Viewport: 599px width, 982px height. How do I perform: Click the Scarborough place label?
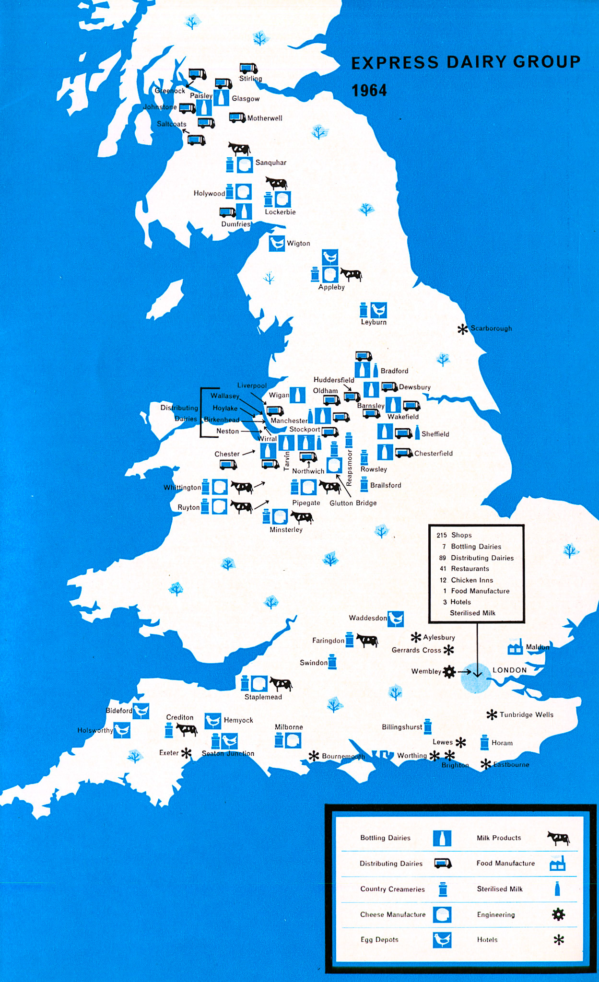(x=491, y=328)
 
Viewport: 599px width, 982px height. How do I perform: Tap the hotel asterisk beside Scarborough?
(x=462, y=329)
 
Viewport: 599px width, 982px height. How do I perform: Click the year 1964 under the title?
(x=369, y=91)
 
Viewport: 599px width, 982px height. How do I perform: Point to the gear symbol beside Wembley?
(x=449, y=672)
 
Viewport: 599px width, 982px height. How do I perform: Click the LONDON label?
(x=509, y=670)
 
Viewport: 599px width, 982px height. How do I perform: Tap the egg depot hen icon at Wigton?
(x=277, y=243)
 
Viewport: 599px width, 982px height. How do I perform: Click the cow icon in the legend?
(x=558, y=838)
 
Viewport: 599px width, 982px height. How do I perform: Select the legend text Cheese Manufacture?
(x=393, y=914)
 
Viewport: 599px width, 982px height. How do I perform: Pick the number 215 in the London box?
(x=441, y=535)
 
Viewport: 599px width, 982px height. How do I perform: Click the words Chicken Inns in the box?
(x=472, y=580)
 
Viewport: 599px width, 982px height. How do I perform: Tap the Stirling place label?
(x=250, y=79)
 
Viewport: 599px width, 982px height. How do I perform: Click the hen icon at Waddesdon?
(x=395, y=619)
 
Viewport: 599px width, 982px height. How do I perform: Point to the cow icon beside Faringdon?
(x=367, y=641)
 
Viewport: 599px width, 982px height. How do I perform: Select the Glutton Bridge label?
(x=353, y=503)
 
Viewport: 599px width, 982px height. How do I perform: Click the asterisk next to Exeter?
(x=186, y=753)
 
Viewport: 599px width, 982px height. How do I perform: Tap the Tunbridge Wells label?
(x=526, y=714)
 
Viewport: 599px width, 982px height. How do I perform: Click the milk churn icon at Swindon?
(x=332, y=663)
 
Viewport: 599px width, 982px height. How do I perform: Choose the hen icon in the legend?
(x=442, y=940)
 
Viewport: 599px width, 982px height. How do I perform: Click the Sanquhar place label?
(x=270, y=163)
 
